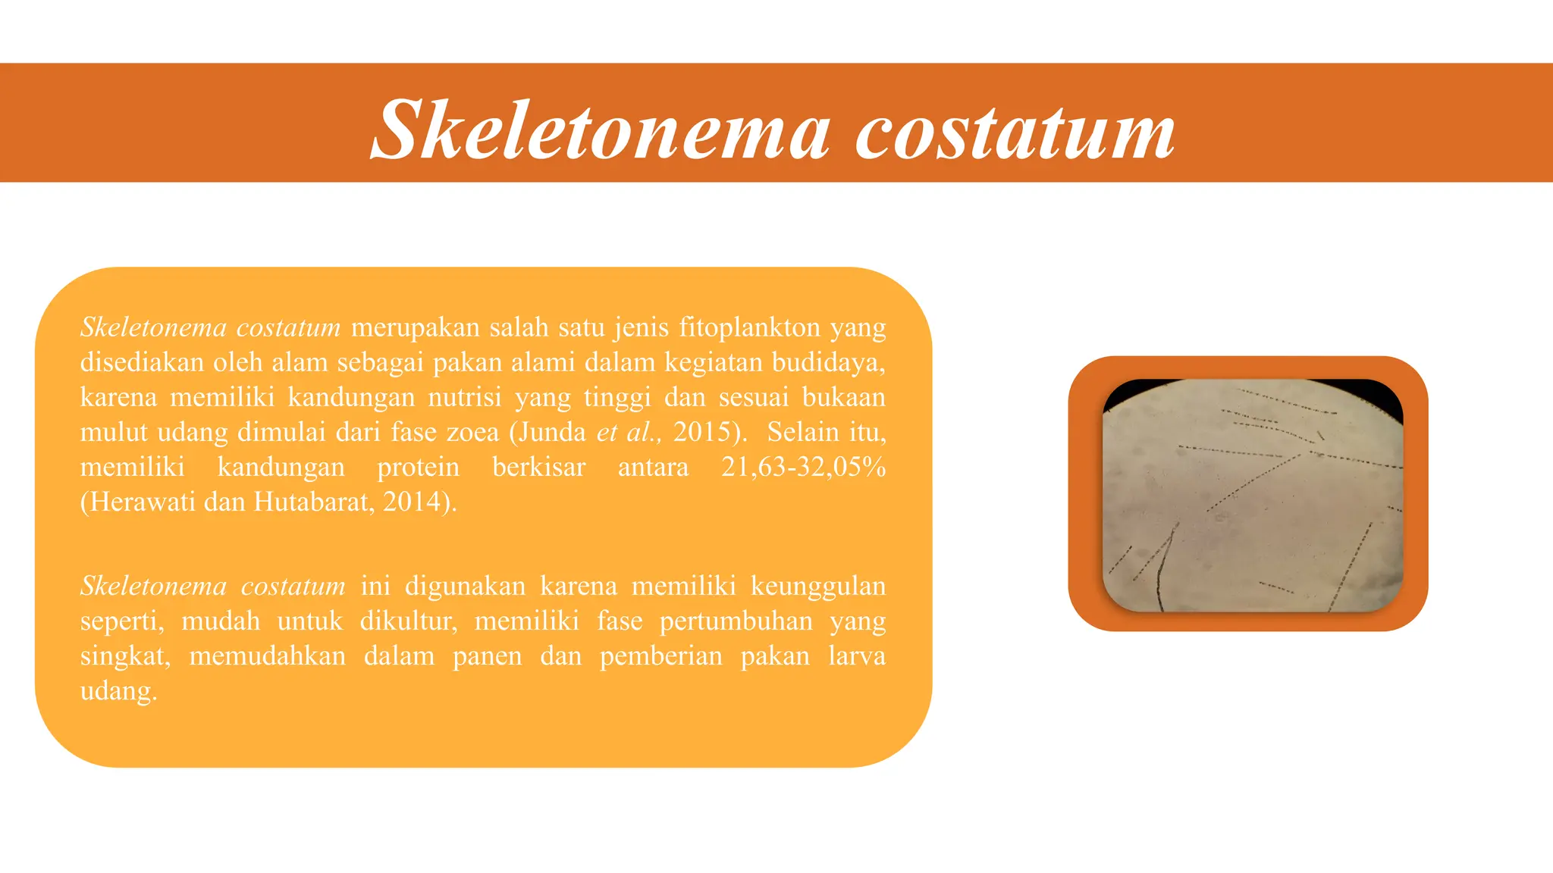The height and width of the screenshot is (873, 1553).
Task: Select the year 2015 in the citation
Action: tap(702, 432)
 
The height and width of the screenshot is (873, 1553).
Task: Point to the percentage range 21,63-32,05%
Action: tap(803, 467)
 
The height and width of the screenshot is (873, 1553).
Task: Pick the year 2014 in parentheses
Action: tap(413, 502)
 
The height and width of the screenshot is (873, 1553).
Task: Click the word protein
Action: tap(418, 467)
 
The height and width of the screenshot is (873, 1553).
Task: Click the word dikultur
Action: tap(408, 621)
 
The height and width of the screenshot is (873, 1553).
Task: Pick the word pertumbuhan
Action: tap(736, 621)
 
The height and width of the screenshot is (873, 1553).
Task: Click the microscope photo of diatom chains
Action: tap(1252, 495)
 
